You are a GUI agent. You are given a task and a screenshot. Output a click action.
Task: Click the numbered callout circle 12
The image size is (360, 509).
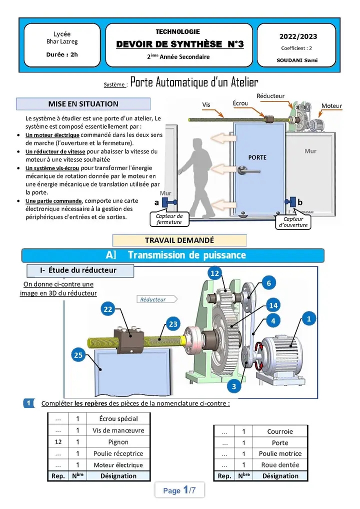(215, 273)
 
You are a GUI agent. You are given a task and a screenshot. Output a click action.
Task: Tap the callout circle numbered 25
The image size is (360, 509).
(78, 355)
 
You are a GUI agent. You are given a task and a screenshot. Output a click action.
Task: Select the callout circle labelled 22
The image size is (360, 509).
(108, 309)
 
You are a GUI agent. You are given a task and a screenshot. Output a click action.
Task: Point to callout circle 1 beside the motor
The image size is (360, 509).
(308, 318)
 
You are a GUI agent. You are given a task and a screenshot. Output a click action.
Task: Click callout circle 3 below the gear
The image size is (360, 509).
(233, 386)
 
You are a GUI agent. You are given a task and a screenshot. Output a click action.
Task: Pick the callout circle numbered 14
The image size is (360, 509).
(273, 305)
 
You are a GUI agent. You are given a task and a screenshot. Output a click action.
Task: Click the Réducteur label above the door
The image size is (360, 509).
(270, 96)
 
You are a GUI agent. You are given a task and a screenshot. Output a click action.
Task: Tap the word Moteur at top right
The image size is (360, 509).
(331, 106)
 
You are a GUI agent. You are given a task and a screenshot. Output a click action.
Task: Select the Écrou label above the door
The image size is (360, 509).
(240, 103)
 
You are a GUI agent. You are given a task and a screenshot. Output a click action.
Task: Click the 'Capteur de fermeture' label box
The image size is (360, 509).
(169, 219)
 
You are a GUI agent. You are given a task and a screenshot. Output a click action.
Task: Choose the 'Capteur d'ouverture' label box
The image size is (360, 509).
(293, 222)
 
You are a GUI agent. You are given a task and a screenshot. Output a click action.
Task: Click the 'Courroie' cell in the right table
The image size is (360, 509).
(280, 431)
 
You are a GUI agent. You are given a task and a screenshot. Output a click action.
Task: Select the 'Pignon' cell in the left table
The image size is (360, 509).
(118, 442)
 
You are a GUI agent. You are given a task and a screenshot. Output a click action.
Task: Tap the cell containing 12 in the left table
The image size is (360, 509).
(58, 442)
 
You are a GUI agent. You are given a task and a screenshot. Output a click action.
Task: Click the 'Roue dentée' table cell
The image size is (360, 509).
(280, 465)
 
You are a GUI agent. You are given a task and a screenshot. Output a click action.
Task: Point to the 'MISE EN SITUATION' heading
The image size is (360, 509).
(83, 104)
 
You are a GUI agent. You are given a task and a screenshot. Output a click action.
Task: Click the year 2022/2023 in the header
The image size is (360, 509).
(298, 36)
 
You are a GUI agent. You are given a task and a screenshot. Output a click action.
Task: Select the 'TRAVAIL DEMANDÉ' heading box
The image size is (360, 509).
(179, 240)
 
